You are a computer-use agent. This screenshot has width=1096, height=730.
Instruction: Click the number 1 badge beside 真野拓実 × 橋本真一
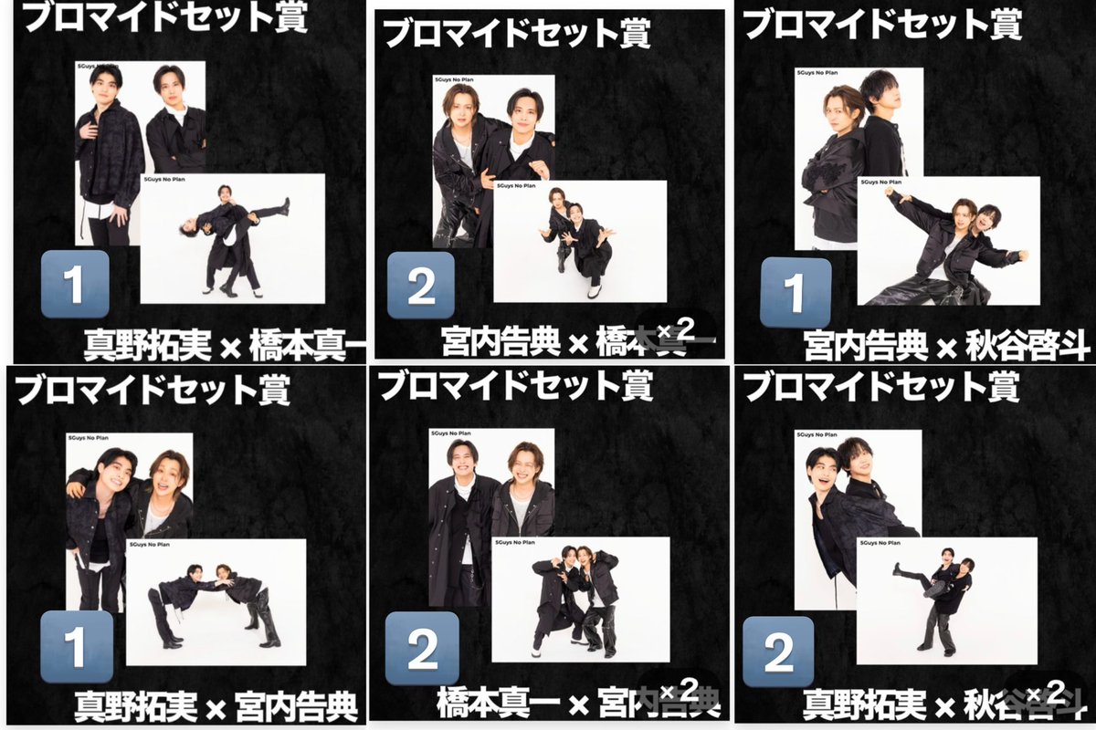[75, 284]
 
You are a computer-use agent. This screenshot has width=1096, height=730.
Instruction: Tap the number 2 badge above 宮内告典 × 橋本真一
[421, 285]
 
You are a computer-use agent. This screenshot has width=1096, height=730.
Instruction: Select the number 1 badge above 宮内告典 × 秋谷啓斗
[795, 293]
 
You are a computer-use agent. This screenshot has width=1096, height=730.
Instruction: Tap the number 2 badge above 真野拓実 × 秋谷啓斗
[778, 650]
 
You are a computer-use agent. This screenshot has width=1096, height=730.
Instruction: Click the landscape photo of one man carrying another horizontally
[232, 237]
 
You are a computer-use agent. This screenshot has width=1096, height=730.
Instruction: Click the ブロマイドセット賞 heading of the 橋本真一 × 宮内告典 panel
[516, 386]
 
